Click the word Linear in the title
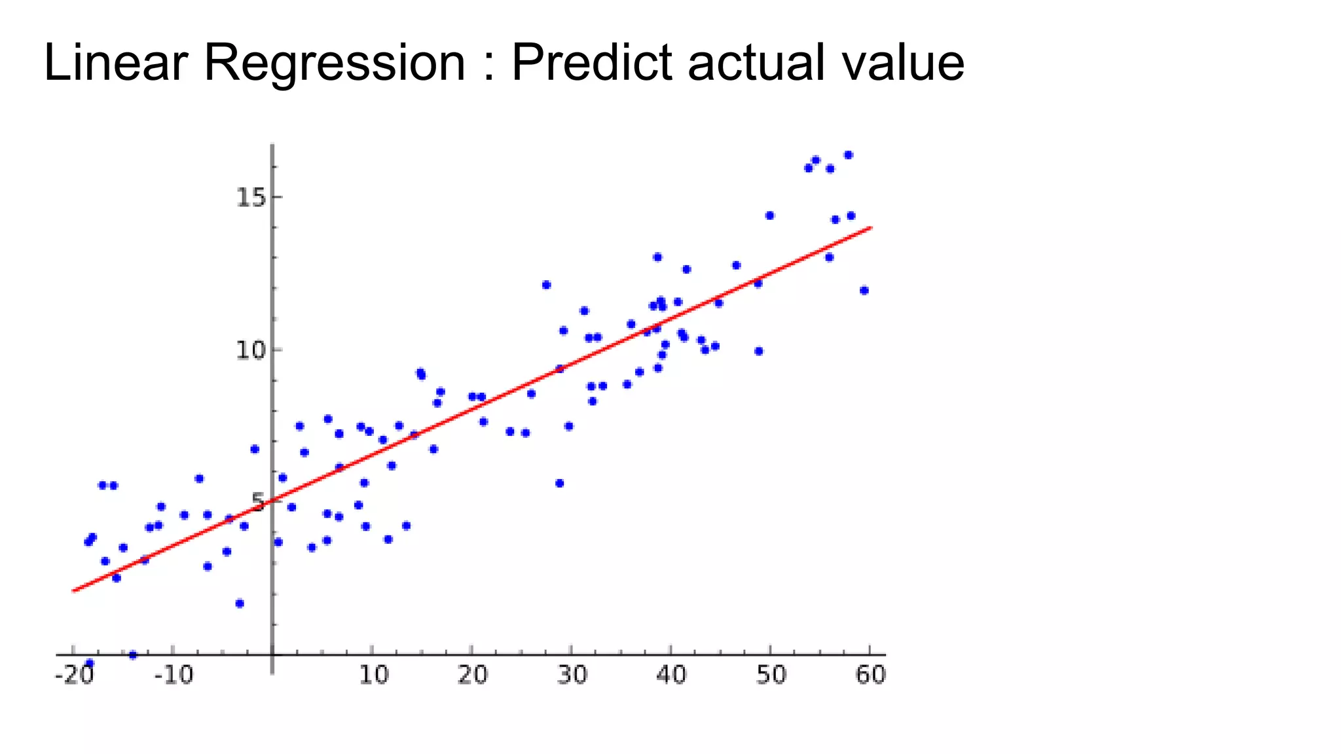115,63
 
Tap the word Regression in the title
334,64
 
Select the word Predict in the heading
591,63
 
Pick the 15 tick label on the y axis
251,197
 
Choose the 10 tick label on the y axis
251,350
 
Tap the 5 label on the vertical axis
258,503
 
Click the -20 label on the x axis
74,675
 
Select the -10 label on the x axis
174,675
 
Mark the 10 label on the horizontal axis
374,675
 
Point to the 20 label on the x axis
473,675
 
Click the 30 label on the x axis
572,675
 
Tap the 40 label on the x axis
671,675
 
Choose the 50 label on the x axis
771,675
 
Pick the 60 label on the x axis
870,675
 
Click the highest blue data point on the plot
848,155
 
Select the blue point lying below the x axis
90,663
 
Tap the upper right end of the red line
872,227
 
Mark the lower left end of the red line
73,590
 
